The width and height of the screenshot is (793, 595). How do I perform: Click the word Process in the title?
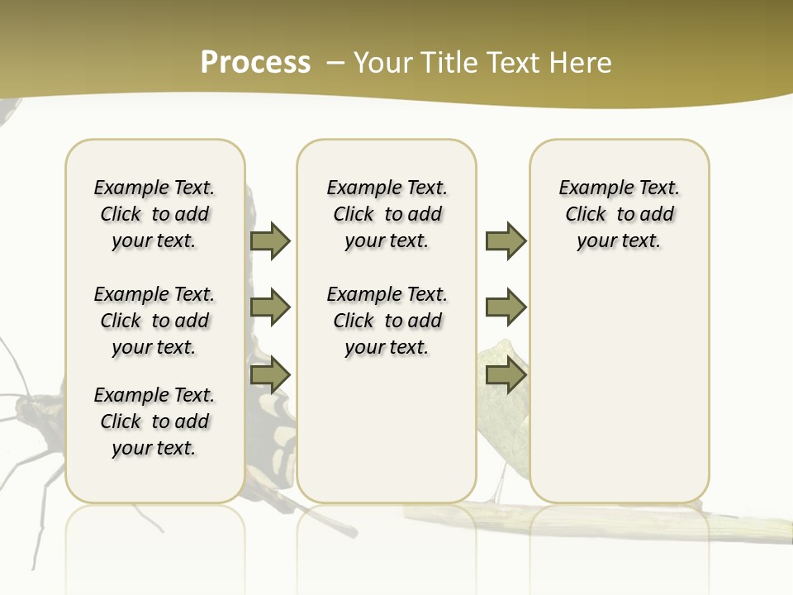point(255,63)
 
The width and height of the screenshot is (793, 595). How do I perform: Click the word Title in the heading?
point(446,63)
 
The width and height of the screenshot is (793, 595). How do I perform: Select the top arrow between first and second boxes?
point(270,240)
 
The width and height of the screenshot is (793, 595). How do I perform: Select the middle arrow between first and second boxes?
point(270,307)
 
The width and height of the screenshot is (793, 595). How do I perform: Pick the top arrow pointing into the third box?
point(506,240)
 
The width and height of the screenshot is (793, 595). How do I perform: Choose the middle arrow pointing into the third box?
point(506,307)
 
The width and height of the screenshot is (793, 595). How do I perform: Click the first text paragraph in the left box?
point(154,214)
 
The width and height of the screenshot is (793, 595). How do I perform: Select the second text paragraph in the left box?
point(154,321)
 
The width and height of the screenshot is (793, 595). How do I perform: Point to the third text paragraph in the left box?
point(154,421)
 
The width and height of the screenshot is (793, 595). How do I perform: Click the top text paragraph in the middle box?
point(387,214)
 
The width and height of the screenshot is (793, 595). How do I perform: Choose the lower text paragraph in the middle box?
point(387,321)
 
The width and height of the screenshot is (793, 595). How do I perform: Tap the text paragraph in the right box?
point(620,214)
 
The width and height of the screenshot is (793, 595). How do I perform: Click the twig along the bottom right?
point(743,526)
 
